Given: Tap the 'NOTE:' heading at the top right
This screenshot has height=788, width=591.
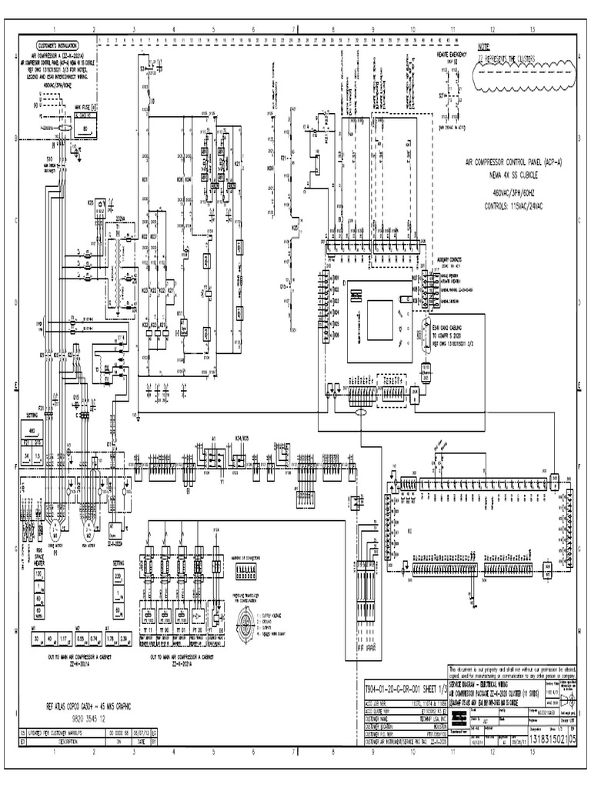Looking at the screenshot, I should pyautogui.click(x=483, y=48).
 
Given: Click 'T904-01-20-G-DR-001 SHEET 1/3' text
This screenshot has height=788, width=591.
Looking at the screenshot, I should pyautogui.click(x=405, y=683).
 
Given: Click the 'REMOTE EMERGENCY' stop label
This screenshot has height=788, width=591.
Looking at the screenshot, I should pyautogui.click(x=453, y=55).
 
